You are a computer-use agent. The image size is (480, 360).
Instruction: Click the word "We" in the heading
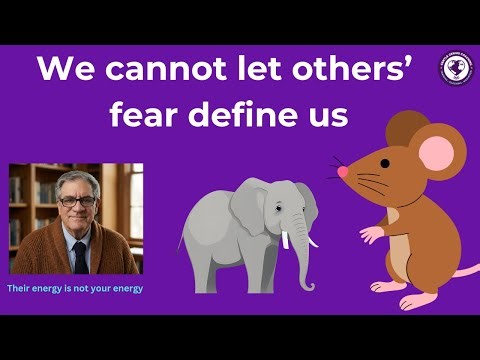63,71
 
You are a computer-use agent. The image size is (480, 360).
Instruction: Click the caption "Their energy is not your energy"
75,288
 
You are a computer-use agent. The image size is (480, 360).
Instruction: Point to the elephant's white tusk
286,240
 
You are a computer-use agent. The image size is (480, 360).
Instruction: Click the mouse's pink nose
342,172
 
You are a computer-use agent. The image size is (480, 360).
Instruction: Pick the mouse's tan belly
400,250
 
